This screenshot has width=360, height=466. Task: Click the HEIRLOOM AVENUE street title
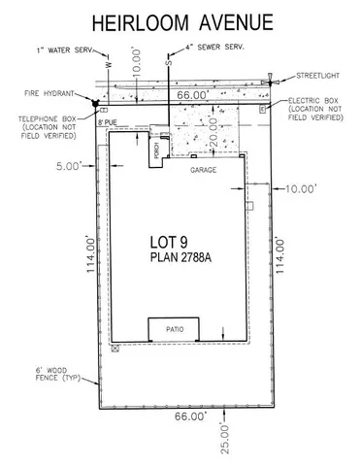click(x=180, y=22)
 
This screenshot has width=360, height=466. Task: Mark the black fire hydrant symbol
click(x=94, y=102)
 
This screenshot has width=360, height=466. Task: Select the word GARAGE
click(x=202, y=169)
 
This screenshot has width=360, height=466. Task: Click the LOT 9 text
click(x=174, y=239)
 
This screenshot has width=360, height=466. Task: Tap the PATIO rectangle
click(x=174, y=330)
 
